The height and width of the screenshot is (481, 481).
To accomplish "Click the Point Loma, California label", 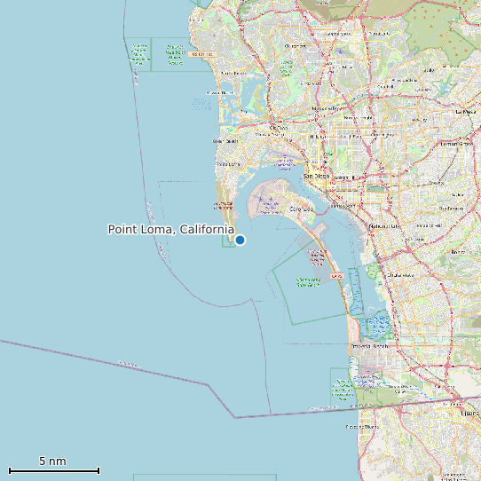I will click(x=170, y=229).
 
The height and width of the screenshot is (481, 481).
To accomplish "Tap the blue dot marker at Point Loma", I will click(x=240, y=240).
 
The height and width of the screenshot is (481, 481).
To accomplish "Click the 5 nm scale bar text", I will click(x=52, y=461).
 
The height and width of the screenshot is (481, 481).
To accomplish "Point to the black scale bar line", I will click(x=53, y=470).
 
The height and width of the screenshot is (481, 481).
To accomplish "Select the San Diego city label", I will click(x=317, y=176).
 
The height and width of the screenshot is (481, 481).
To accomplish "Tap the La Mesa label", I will click(x=466, y=113).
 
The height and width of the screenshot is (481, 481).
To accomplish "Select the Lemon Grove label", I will click(x=458, y=143).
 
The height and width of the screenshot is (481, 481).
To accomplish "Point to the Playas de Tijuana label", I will click(x=360, y=427).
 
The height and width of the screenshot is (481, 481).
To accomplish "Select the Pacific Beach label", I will click(x=233, y=74).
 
